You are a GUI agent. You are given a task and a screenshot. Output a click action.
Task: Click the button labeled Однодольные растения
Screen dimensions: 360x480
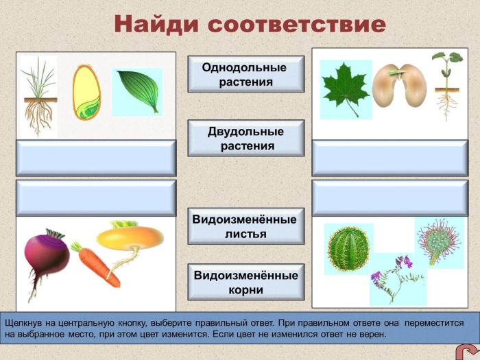[245, 74]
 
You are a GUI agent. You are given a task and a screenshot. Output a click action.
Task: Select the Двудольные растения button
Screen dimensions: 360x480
[245, 138]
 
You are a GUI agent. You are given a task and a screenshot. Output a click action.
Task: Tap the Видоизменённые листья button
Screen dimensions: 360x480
[245, 226]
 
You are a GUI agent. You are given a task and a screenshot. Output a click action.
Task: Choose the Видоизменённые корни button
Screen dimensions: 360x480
[245, 282]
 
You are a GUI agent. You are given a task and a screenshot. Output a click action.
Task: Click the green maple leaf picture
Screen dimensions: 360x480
[346, 88]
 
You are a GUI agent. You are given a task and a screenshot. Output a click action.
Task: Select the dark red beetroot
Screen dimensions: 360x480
[46, 257]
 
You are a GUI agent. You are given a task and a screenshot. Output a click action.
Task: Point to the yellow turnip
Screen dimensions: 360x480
[130, 239]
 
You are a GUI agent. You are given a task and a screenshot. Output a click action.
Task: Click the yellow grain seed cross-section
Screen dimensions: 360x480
[86, 93]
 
